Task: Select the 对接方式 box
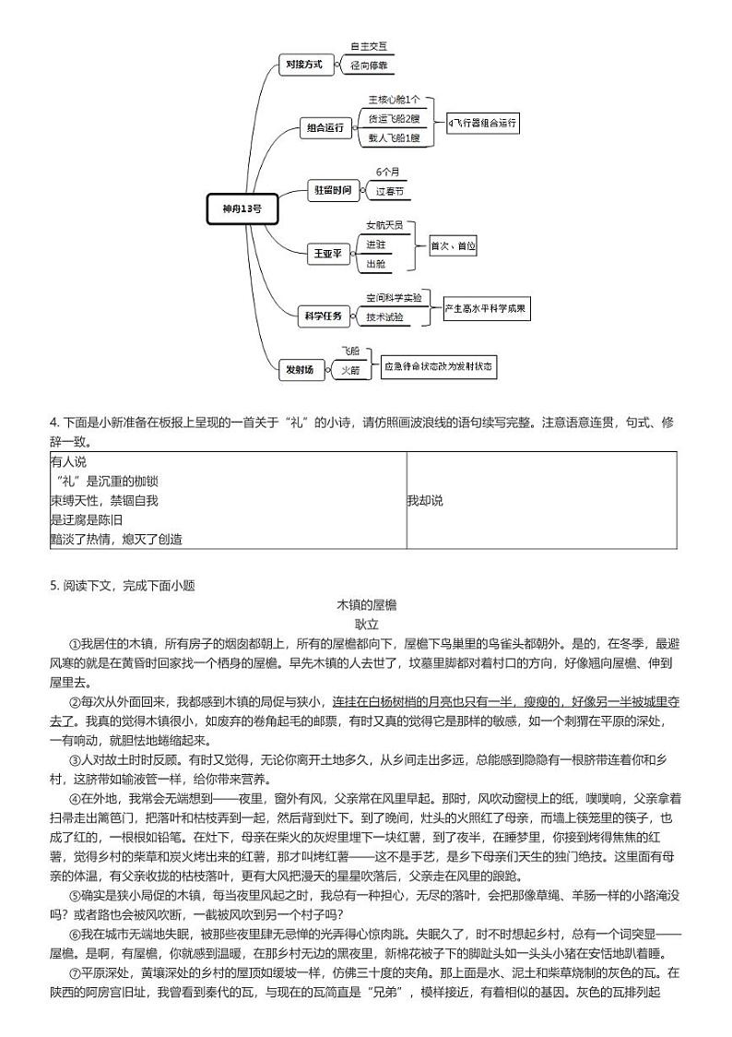tap(301, 64)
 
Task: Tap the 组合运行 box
tap(325, 128)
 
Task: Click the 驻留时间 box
tap(332, 190)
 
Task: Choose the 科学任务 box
tap(323, 316)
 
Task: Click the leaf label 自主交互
tap(368, 45)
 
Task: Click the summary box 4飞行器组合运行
tap(483, 122)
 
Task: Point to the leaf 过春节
tap(389, 192)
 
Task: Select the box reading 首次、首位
tap(453, 246)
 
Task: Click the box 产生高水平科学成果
tap(484, 308)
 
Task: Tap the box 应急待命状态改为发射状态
tap(439, 366)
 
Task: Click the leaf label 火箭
tap(349, 370)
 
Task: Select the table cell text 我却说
tap(425, 500)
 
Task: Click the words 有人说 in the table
tap(69, 462)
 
